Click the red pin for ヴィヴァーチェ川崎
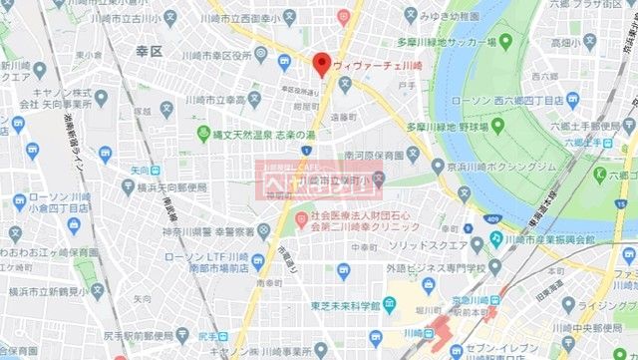tap(321, 64)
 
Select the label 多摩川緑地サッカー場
tap(447, 43)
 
